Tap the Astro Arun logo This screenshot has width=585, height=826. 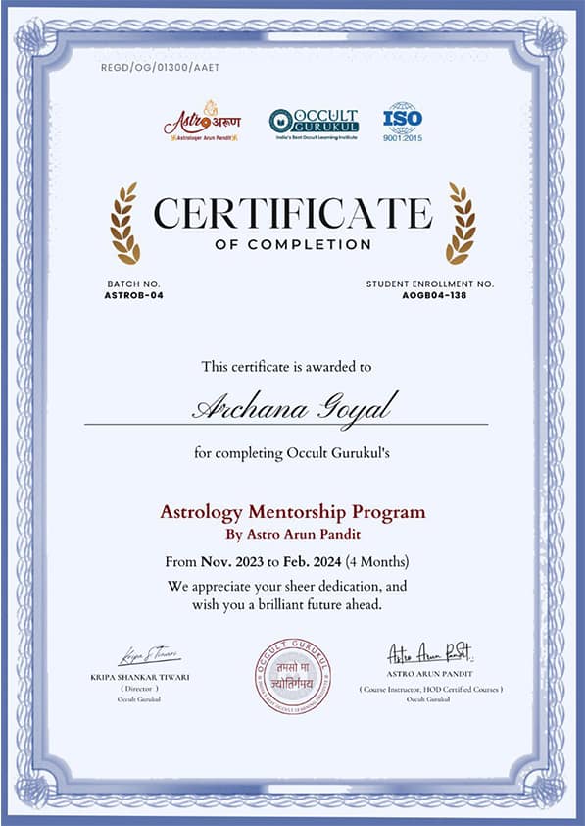tap(201, 122)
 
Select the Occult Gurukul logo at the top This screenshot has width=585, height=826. tap(314, 123)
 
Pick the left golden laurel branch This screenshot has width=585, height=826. tap(124, 224)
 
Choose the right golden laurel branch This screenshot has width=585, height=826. tap(461, 224)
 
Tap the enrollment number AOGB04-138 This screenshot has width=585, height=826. tap(430, 294)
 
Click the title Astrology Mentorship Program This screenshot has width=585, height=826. tap(293, 512)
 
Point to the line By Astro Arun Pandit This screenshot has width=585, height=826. tap(293, 534)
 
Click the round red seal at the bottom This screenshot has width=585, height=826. tap(293, 675)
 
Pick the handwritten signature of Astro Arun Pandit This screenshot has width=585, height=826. tap(430, 653)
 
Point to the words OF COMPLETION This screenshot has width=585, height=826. tap(293, 244)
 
